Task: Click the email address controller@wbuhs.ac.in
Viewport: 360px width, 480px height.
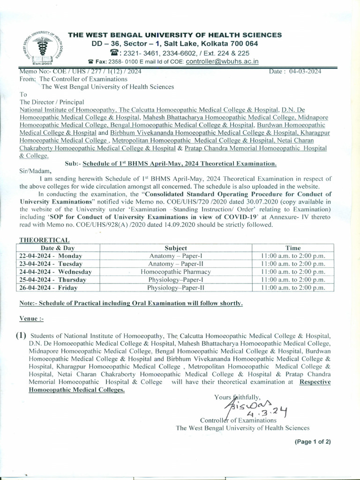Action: click(x=215, y=61)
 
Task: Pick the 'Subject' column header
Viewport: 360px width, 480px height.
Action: click(x=176, y=248)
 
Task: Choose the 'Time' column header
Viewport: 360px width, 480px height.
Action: click(x=293, y=248)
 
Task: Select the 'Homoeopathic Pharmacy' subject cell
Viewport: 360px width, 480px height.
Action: click(x=176, y=272)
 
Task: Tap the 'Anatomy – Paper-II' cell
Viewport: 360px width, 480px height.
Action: click(x=176, y=264)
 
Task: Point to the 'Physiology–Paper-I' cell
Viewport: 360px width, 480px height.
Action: click(x=176, y=280)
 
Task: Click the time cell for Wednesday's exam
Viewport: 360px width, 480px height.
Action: click(x=293, y=272)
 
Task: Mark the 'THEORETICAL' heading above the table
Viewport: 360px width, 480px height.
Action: click(x=44, y=240)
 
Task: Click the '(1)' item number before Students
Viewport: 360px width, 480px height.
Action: click(x=21, y=336)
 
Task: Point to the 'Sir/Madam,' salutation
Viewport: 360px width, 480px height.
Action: click(x=34, y=171)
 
